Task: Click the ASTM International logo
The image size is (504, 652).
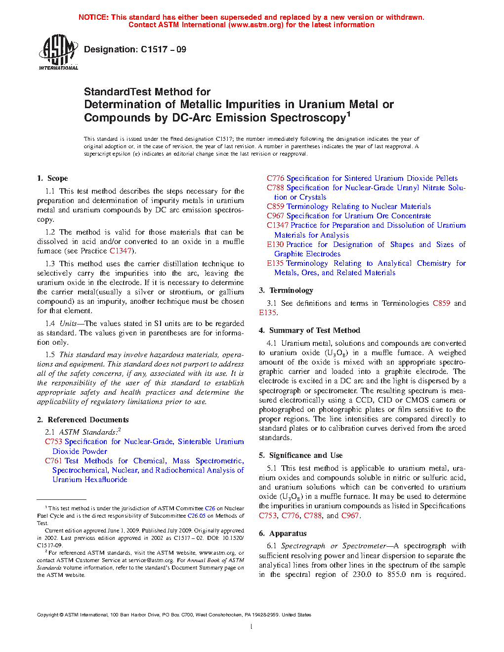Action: pos(58,52)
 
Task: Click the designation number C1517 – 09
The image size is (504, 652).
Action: pos(163,49)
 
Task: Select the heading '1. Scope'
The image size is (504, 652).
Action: pos(53,178)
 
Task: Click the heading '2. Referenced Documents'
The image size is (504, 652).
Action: pos(83,420)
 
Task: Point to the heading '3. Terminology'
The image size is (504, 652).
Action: pos(286,290)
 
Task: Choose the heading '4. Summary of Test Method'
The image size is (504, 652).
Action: pos(310,330)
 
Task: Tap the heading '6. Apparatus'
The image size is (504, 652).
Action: pos(283,533)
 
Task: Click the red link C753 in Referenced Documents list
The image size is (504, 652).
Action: pos(53,442)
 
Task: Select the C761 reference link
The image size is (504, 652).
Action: pos(53,461)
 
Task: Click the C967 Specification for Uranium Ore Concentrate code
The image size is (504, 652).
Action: pos(276,216)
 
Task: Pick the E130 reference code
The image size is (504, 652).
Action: pos(275,244)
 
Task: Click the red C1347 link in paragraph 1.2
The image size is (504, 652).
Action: pos(121,251)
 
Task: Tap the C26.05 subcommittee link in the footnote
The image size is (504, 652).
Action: pos(196,516)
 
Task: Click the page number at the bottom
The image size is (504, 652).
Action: pos(252,627)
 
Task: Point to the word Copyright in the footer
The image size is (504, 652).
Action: pos(47,615)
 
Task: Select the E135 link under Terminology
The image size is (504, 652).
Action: pos(267,313)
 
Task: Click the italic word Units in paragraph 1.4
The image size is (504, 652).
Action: pos(68,324)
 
